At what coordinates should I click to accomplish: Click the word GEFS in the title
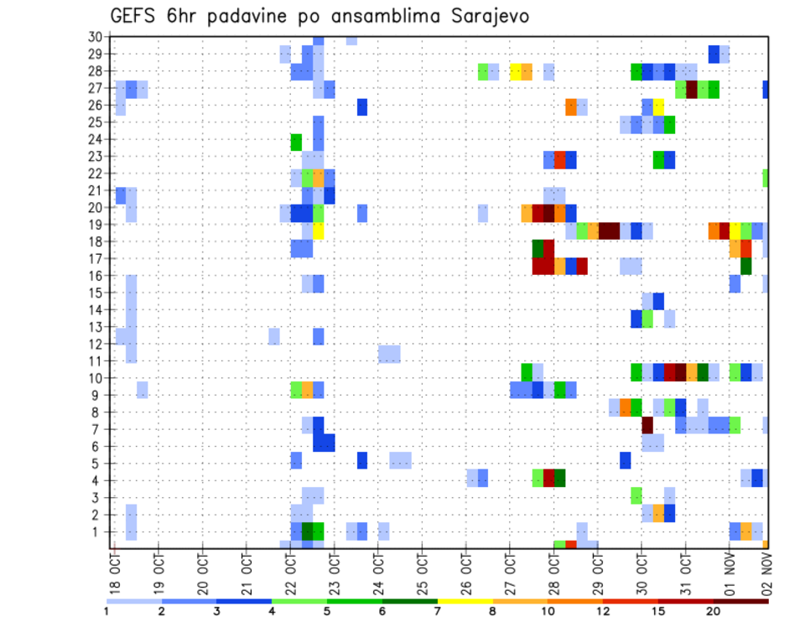136,17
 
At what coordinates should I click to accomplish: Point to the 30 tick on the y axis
95,36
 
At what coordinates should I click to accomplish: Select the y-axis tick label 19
95,225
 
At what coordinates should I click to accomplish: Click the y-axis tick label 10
95,377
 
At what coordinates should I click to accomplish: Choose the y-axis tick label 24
95,139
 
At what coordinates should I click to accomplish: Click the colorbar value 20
714,611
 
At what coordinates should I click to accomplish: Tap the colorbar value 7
438,611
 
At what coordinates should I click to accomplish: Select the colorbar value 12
603,611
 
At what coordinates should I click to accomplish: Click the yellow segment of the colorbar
465,601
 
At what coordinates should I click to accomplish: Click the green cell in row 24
296,141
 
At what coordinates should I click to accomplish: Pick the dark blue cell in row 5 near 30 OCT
626,460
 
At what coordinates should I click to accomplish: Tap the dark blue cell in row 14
658,301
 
